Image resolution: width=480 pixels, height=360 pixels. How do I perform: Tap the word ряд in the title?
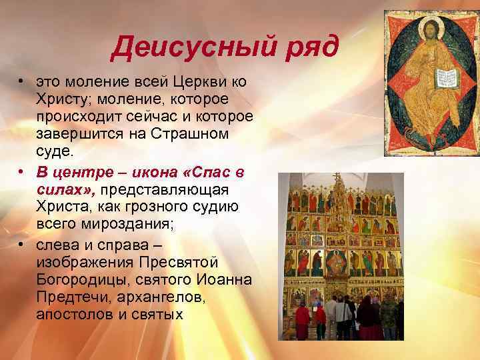(x=309, y=47)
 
